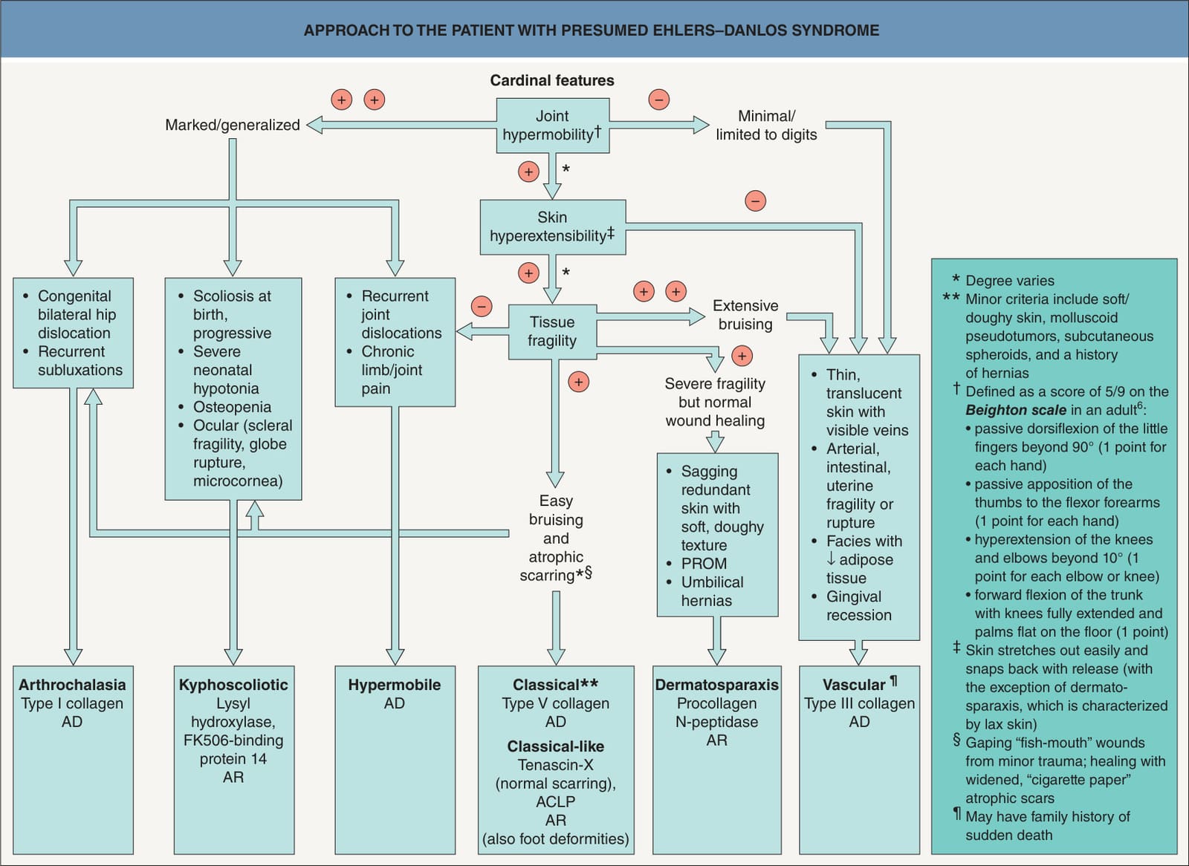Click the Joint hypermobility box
(553, 126)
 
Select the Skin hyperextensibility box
(553, 227)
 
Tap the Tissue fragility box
(553, 332)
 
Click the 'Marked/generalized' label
(233, 126)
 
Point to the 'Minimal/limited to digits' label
(766, 126)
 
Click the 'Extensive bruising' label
(745, 315)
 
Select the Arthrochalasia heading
(72, 685)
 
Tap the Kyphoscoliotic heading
(233, 685)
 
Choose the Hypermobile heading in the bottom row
(395, 685)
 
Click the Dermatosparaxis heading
(716, 685)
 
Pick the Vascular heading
(854, 685)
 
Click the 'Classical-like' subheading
(556, 746)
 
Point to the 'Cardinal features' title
(552, 80)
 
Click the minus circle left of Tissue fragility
(482, 306)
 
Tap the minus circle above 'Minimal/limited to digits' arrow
(658, 100)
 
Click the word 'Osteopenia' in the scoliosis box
(232, 407)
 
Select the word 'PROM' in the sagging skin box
(704, 564)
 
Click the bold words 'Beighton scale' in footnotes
(1016, 410)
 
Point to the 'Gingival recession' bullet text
(859, 605)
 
